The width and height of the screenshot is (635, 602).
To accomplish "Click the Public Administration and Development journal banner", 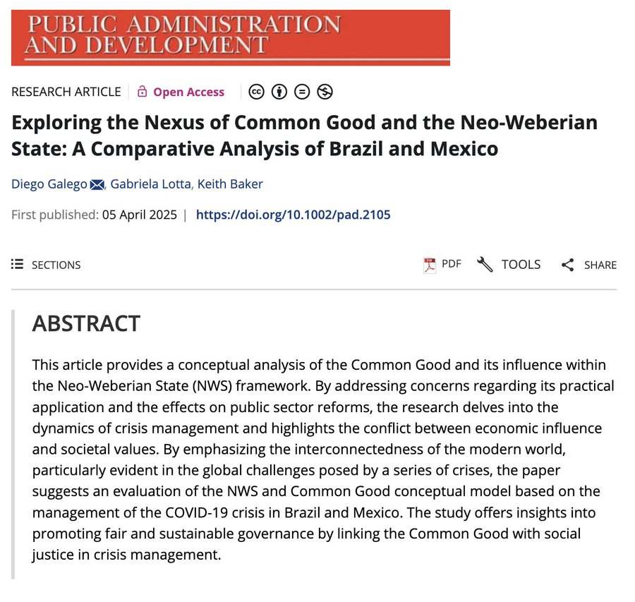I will pyautogui.click(x=230, y=37).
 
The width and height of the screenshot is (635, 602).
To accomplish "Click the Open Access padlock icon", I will pyautogui.click(x=143, y=92).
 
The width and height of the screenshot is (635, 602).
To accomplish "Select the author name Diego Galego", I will pyautogui.click(x=48, y=184).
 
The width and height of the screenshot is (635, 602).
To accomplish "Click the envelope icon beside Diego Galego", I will pyautogui.click(x=96, y=185).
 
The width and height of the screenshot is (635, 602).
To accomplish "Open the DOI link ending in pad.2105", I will pyautogui.click(x=293, y=215).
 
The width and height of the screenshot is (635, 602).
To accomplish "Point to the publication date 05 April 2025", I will pyautogui.click(x=138, y=215).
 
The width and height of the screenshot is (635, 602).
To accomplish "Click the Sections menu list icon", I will pyautogui.click(x=17, y=265).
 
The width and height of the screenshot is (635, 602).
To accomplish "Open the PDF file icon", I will pyautogui.click(x=430, y=265).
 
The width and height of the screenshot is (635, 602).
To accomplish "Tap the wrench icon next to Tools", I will pyautogui.click(x=485, y=265).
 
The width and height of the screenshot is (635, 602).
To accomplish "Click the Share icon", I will pyautogui.click(x=568, y=265).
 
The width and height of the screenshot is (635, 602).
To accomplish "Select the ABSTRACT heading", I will pyautogui.click(x=86, y=323).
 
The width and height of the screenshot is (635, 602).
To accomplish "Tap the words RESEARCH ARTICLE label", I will pyautogui.click(x=66, y=92).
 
